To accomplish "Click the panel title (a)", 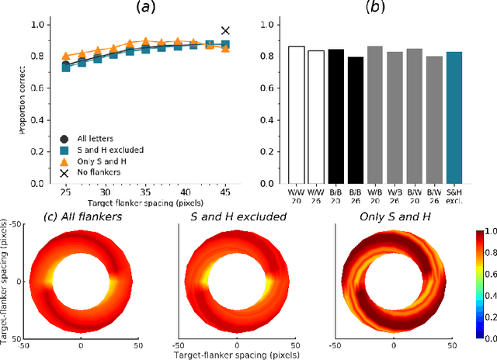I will (x=143, y=9).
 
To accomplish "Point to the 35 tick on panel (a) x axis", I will (x=145, y=192).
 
